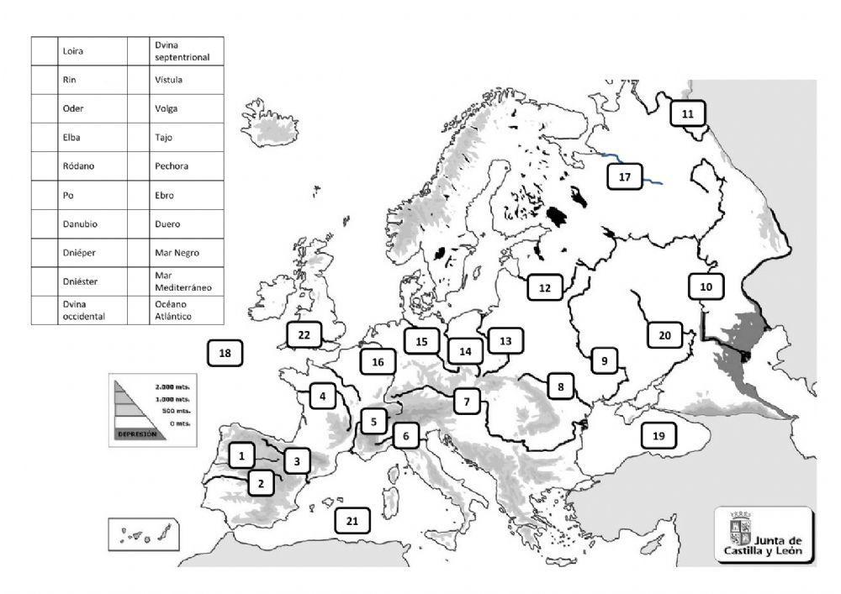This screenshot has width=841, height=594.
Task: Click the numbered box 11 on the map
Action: tap(688, 113)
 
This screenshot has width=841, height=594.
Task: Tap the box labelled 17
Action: tap(624, 177)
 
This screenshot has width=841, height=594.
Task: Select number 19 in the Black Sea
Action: tap(658, 435)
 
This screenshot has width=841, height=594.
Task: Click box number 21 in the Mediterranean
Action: tap(352, 521)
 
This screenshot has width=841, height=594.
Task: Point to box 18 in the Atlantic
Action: tap(225, 354)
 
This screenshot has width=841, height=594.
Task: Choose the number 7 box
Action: tap(467, 402)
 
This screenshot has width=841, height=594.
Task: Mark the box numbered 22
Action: tap(304, 334)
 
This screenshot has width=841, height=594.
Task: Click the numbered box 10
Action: tap(706, 286)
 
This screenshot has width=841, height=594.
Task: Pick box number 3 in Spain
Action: tap(297, 460)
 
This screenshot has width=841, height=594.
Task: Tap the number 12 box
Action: tap(544, 288)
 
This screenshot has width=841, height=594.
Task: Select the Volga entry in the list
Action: tap(166, 108)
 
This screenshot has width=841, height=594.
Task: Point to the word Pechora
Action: tap(172, 166)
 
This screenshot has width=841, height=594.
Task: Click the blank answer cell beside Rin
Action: tap(43, 80)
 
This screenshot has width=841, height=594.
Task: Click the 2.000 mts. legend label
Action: tap(172, 386)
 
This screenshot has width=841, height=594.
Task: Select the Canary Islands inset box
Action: tap(140, 533)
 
